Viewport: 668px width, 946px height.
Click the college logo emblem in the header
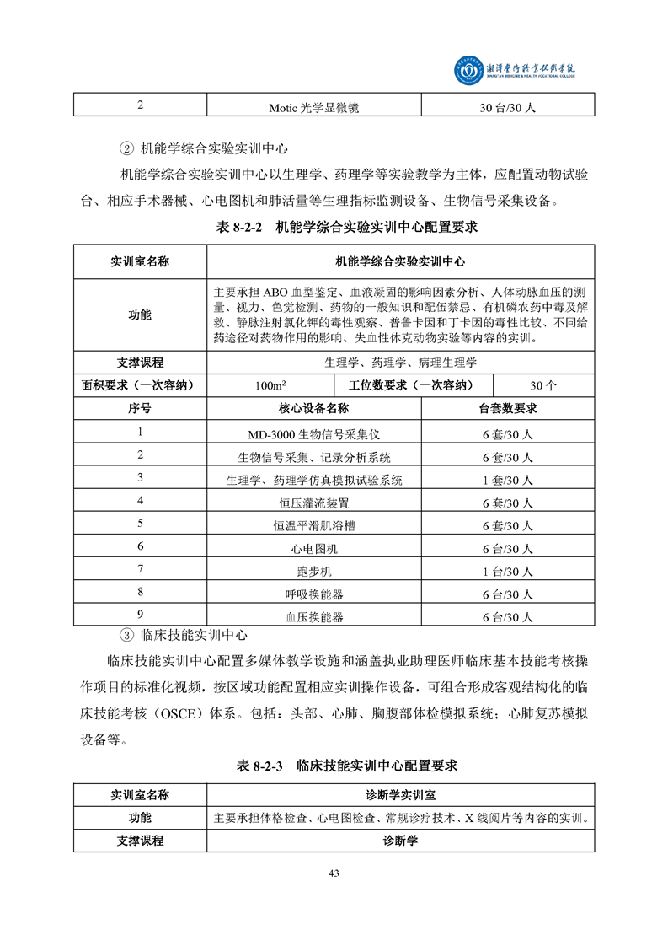[466, 72]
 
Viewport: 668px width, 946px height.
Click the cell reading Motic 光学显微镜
[313, 108]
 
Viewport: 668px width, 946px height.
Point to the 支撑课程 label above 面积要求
[140, 363]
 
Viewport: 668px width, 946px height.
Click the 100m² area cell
[269, 385]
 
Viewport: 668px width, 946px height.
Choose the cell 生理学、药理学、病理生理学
[400, 363]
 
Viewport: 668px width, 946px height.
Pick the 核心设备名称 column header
[313, 409]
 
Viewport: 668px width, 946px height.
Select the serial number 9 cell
[140, 615]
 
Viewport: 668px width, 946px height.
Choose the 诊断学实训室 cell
[400, 795]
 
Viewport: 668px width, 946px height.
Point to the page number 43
[334, 873]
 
